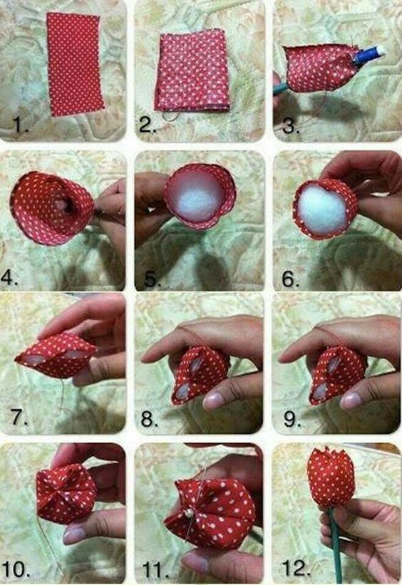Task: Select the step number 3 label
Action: point(289,126)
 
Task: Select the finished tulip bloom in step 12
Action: point(331,477)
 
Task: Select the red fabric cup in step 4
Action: point(50,207)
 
